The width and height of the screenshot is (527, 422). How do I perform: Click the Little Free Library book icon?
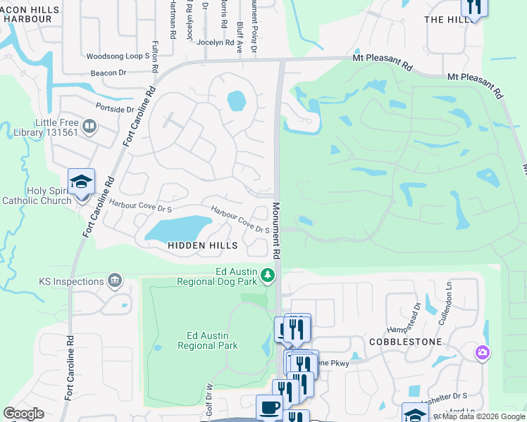tap(89, 127)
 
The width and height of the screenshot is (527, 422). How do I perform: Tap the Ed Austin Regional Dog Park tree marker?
tap(267, 274)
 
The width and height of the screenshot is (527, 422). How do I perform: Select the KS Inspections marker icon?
tap(115, 281)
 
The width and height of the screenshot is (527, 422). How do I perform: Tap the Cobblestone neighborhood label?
tap(405, 342)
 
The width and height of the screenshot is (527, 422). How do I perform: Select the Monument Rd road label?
tap(277, 230)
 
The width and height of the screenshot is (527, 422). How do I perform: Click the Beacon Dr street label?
tap(108, 72)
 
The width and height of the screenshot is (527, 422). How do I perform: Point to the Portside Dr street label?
tap(115, 109)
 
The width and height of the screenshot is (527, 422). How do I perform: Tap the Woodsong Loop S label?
tap(118, 56)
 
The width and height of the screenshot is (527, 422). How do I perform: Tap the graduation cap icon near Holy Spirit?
tap(82, 181)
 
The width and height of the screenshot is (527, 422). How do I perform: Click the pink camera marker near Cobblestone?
tap(483, 351)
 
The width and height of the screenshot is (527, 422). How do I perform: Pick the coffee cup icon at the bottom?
tap(268, 407)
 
